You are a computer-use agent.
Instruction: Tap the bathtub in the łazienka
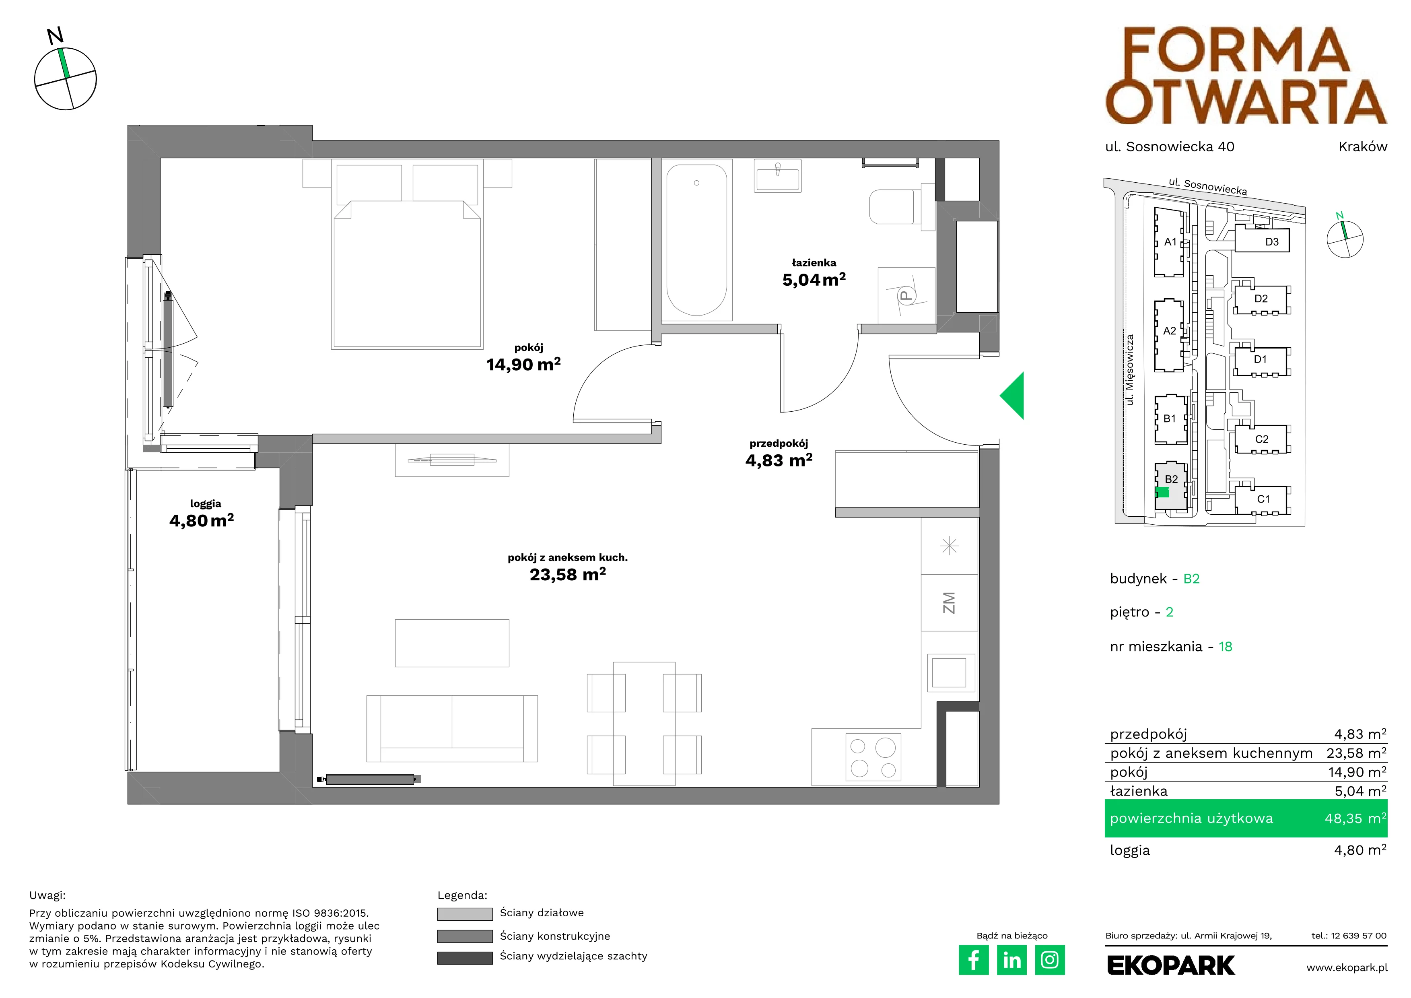(x=696, y=240)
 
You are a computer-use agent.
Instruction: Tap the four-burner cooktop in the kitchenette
(x=873, y=757)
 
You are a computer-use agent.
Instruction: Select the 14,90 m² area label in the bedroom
(x=523, y=365)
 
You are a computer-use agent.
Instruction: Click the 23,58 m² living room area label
(x=568, y=575)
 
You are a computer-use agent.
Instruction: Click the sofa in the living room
(x=452, y=729)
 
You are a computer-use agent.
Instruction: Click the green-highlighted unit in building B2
(x=1162, y=492)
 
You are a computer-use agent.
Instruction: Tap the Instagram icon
(x=1050, y=960)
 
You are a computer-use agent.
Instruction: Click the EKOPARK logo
(x=1171, y=965)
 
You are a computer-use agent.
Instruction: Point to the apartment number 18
(x=1226, y=647)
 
